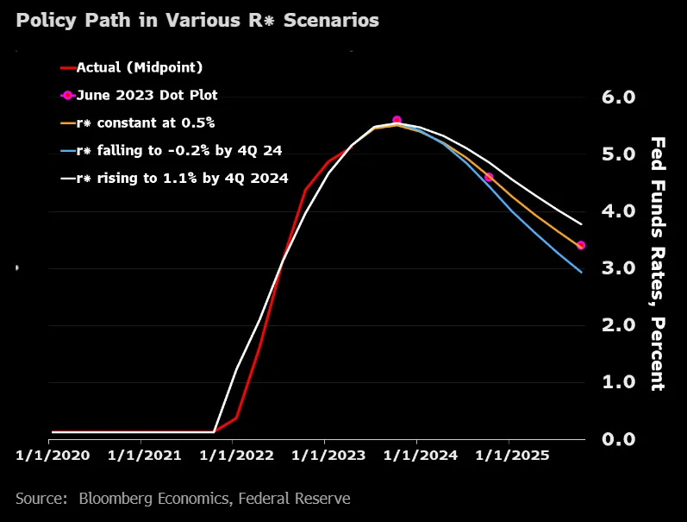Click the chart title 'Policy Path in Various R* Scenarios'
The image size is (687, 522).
coord(197,21)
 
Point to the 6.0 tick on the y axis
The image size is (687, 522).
coord(618,97)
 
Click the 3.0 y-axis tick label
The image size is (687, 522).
coord(618,268)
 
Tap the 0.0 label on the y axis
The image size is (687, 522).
coord(618,439)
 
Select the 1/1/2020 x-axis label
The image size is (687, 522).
coord(53,456)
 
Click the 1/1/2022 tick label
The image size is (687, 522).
coord(236,456)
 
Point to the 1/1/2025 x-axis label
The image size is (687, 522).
coord(512,456)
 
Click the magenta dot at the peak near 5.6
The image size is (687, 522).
coord(397,120)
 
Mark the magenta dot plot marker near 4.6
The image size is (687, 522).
coord(489,177)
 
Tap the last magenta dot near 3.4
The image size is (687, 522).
coord(581,245)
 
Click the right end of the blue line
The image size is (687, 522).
coord(582,273)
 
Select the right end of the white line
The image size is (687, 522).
coord(582,224)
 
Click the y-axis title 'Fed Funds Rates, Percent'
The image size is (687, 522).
coord(658,264)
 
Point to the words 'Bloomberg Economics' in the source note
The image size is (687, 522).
coord(153,499)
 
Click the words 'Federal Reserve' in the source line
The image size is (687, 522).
coord(295,499)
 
